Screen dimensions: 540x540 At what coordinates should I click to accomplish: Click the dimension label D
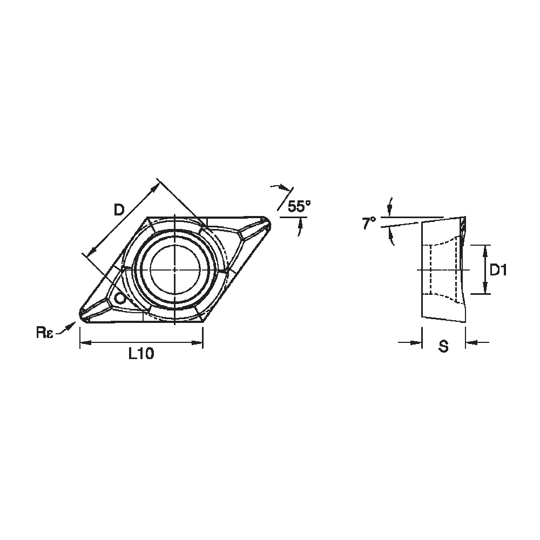[x=119, y=210]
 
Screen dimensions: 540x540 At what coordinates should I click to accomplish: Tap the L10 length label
[x=141, y=354]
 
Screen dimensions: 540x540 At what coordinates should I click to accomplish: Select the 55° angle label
[x=299, y=206]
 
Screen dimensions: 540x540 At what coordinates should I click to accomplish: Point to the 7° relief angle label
[x=369, y=223]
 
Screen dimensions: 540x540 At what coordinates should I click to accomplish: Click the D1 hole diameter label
[x=498, y=271]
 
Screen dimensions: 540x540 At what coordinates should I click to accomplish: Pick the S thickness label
[x=443, y=346]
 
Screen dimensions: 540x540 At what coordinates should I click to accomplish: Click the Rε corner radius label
[x=45, y=333]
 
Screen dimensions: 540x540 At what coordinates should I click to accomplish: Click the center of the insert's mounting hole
[x=175, y=269]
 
